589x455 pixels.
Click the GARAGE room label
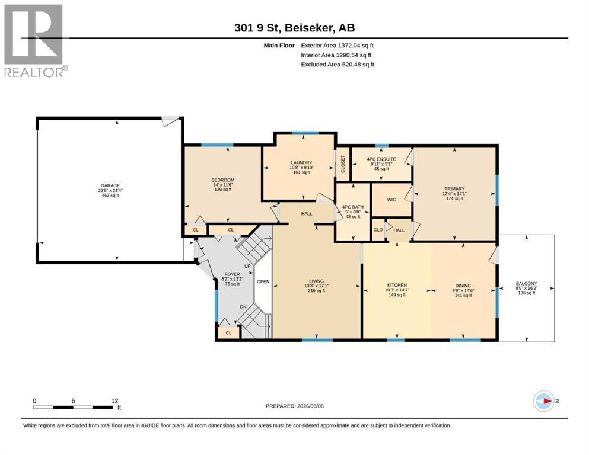click(110, 185)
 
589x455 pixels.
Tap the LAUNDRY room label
click(301, 163)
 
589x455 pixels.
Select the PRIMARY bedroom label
click(454, 188)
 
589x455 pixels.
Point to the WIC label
click(391, 200)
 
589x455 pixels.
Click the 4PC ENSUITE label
click(381, 159)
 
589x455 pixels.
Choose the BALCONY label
click(526, 284)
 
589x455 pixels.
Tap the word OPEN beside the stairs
click(263, 281)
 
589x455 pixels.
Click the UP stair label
click(247, 267)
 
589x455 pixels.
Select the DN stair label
click(243, 307)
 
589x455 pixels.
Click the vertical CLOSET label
click(343, 164)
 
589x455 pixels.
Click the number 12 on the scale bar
click(114, 400)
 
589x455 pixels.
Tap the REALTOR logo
click(34, 40)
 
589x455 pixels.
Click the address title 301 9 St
click(257, 28)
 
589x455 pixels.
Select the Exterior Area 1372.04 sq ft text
click(337, 46)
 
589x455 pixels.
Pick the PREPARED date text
click(294, 406)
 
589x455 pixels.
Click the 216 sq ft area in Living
click(316, 290)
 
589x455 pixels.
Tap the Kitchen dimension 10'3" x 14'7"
click(397, 290)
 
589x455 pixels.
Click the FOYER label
click(232, 274)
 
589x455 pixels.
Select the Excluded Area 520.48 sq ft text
click(338, 65)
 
